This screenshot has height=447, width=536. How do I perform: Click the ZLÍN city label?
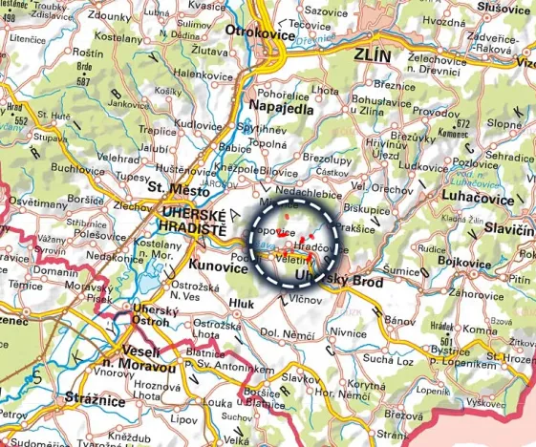(x=373, y=55)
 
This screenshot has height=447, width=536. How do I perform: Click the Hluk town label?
(x=243, y=304)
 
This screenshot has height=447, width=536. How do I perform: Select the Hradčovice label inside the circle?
(x=312, y=246)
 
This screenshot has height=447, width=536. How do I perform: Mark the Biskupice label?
(x=368, y=205)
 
